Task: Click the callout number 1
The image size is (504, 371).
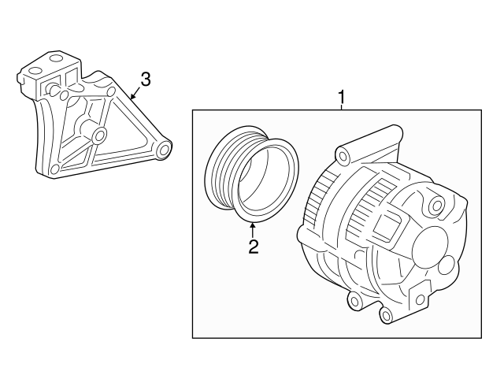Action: click(x=342, y=97)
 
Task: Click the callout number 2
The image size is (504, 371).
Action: click(x=253, y=247)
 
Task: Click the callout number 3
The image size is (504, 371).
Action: click(x=145, y=79)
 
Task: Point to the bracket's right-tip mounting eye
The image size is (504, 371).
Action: click(x=163, y=149)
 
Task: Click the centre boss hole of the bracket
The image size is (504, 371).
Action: click(x=99, y=136)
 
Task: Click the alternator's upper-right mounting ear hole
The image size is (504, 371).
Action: click(x=435, y=206)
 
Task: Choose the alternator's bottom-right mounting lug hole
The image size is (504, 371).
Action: click(x=385, y=315)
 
